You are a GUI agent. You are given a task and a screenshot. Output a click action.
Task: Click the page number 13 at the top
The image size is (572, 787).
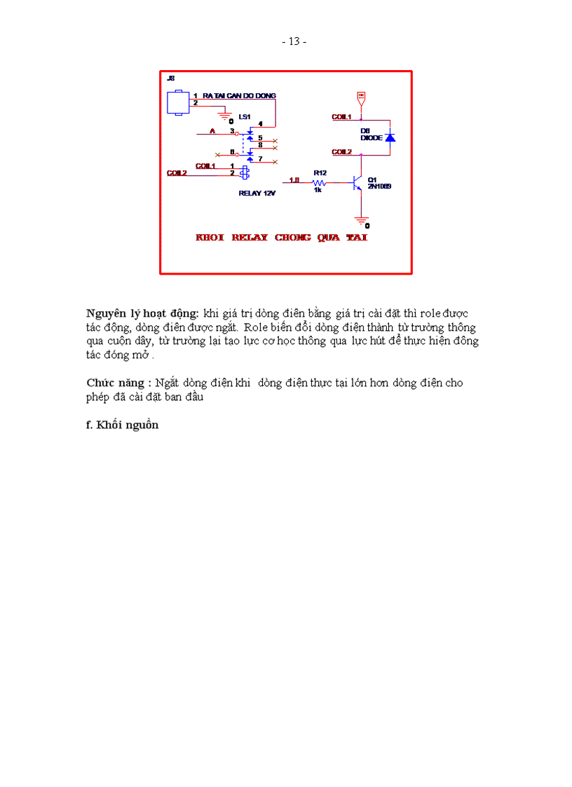[294, 41]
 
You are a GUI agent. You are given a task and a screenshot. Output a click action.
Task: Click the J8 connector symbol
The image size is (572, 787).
[177, 102]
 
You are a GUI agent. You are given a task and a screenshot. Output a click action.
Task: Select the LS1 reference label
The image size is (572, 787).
[244, 116]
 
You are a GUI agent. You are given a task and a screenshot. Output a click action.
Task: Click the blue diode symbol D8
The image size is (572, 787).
[390, 137]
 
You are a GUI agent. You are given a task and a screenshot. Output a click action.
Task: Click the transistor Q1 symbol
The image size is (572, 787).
[358, 183]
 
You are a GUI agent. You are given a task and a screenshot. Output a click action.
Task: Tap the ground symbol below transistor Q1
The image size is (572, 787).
[361, 219]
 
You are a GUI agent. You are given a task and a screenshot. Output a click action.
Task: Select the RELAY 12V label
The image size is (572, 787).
[257, 193]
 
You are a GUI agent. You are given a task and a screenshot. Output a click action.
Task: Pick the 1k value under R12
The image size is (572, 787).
[318, 190]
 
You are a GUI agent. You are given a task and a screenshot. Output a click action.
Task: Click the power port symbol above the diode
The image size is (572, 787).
[361, 96]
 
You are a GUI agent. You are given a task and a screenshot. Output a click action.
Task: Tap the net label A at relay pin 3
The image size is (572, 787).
[213, 131]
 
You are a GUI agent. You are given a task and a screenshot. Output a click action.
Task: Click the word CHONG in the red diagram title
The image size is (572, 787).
[293, 238]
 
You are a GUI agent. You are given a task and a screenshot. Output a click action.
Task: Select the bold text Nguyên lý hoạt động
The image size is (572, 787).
[142, 313]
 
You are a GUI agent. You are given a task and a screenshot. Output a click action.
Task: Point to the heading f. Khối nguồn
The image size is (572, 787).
[122, 425]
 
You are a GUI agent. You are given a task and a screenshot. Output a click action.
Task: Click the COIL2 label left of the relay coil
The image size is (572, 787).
[177, 172]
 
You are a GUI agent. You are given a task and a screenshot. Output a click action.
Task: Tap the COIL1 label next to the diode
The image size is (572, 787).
[341, 116]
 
